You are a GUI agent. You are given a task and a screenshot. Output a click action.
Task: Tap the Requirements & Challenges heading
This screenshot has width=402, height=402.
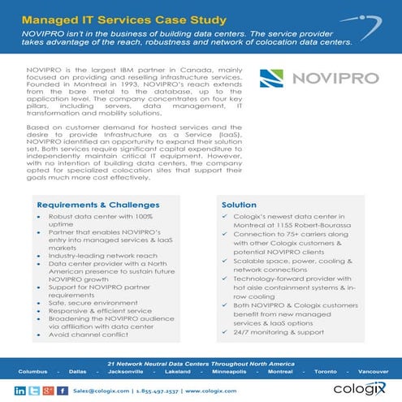[x=98, y=204]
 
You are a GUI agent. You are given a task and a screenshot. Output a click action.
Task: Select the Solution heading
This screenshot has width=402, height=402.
[x=240, y=204]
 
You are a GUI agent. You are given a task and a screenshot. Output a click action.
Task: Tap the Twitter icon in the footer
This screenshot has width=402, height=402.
[x=34, y=390]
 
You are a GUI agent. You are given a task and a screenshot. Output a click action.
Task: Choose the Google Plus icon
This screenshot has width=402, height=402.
[x=48, y=390]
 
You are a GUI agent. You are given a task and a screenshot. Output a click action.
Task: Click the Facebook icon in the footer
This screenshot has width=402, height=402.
[x=62, y=390]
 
